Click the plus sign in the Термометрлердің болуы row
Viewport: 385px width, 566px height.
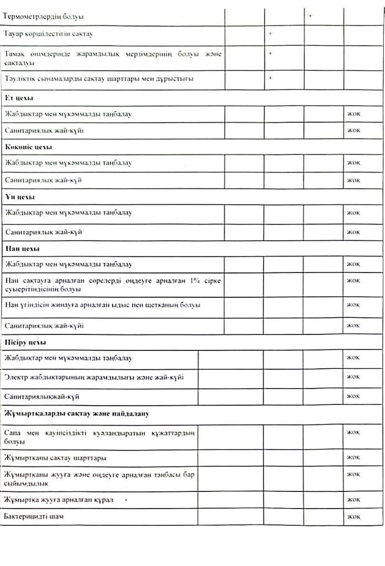[310, 16]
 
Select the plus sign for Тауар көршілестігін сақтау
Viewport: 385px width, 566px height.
[271, 34]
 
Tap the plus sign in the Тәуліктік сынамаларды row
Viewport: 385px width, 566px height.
[271, 78]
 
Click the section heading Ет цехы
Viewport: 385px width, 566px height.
[19, 98]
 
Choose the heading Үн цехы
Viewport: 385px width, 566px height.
[19, 196]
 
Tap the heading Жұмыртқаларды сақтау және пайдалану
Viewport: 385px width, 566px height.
[76, 413]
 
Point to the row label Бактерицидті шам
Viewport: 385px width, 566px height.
[30, 517]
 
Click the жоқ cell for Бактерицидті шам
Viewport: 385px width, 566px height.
[354, 517]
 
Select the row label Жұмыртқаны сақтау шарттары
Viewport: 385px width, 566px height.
[55, 458]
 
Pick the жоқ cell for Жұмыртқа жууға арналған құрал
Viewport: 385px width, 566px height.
[354, 499]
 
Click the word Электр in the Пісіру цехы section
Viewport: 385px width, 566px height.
[15, 377]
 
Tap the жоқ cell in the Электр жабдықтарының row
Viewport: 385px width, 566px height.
[354, 377]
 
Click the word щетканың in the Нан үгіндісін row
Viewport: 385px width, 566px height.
[159, 305]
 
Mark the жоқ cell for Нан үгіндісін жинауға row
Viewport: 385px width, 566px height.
[354, 305]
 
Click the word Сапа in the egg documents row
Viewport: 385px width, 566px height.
[13, 432]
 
